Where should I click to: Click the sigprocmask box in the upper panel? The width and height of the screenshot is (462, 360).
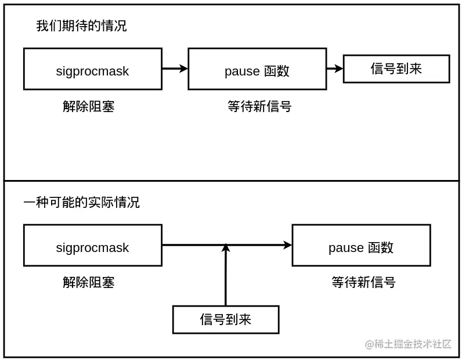click(x=92, y=69)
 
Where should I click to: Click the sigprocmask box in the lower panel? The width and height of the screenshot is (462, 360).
click(x=92, y=246)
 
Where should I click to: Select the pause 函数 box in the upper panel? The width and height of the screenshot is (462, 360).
click(x=257, y=69)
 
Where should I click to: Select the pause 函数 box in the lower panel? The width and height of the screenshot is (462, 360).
click(x=361, y=246)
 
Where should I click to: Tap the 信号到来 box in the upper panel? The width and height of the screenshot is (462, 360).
click(x=396, y=69)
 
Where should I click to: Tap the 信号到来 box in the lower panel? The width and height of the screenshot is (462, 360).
click(x=226, y=319)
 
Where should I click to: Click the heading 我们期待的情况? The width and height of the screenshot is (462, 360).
click(x=81, y=26)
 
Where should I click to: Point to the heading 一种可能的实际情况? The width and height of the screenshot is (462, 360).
click(x=81, y=203)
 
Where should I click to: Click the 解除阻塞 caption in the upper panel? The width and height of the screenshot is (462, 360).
click(x=89, y=107)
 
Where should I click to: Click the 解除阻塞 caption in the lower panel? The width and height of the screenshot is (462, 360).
click(x=89, y=283)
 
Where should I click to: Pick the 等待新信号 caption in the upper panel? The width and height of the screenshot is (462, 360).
click(x=259, y=107)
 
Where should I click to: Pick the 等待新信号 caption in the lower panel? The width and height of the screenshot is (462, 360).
click(x=363, y=283)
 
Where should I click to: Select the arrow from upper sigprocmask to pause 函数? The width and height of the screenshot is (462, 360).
click(x=175, y=69)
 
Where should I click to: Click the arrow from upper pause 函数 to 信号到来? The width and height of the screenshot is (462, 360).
click(x=334, y=69)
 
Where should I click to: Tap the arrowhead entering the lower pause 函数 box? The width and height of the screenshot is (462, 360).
click(x=288, y=245)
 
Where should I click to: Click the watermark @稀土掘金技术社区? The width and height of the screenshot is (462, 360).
click(x=408, y=344)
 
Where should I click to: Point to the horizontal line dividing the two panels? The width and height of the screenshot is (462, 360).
click(x=232, y=181)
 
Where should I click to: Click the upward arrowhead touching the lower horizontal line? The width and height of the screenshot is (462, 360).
click(x=226, y=249)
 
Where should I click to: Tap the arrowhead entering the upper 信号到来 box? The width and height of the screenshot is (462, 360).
click(x=340, y=69)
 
